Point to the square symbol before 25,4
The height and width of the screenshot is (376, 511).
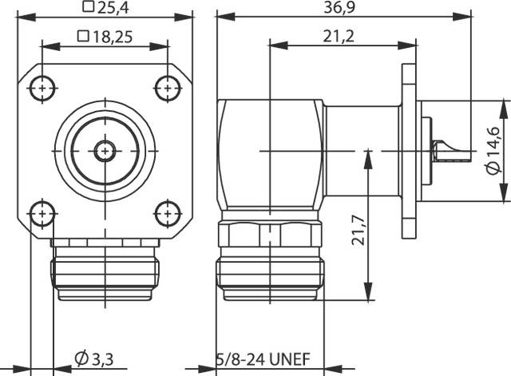86,9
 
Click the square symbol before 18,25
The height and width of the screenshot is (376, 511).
81,37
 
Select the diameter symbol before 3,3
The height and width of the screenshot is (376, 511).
82,357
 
